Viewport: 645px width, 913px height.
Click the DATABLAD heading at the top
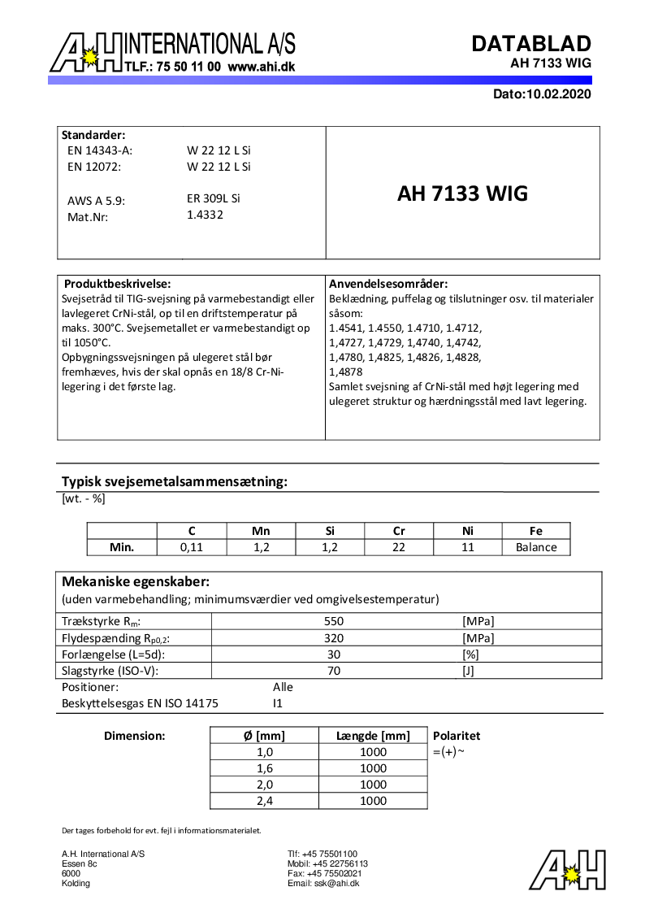pos(531,43)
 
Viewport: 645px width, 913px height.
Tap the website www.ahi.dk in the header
pos(261,67)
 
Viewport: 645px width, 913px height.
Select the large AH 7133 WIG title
pos(462,193)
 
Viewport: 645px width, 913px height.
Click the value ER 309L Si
pos(214,198)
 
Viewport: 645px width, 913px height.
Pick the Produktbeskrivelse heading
pos(117,284)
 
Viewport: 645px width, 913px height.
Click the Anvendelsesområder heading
pos(388,284)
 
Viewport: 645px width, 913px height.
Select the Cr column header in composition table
pos(399,531)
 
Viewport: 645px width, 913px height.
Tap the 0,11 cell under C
pos(192,547)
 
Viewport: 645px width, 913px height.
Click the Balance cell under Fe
pos(536,547)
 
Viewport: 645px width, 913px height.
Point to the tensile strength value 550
pos(334,621)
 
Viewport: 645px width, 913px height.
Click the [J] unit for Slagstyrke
pos(468,671)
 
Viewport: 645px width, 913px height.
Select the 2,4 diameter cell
pos(264,801)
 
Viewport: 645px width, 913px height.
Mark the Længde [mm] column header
pos(373,736)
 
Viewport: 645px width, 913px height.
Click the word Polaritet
pos(457,736)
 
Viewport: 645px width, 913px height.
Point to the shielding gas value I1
pos(278,703)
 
